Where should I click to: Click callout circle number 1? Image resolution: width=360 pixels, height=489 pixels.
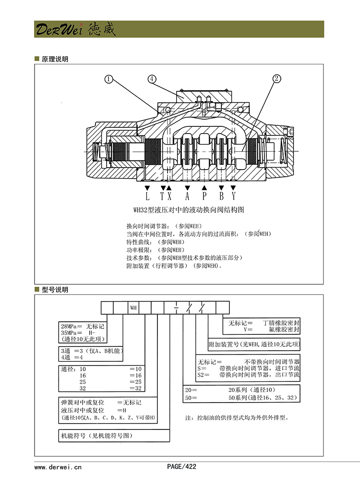pyautogui.click(x=109, y=79)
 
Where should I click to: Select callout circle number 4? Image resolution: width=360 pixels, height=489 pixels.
pyautogui.click(x=152, y=79)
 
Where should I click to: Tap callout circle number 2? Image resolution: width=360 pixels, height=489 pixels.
pyautogui.click(x=277, y=79)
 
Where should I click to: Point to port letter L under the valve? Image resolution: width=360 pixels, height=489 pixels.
pyautogui.click(x=147, y=196)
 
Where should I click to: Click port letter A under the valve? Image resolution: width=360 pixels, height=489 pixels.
pyautogui.click(x=187, y=196)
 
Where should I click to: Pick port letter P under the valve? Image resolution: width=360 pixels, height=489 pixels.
pyautogui.click(x=204, y=196)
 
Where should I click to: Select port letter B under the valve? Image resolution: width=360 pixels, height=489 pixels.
pyautogui.click(x=222, y=196)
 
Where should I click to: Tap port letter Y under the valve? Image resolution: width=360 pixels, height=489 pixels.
pyautogui.click(x=234, y=196)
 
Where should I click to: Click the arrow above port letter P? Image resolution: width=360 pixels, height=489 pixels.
pyautogui.click(x=204, y=187)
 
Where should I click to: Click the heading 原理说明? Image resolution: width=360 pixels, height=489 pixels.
pyautogui.click(x=55, y=60)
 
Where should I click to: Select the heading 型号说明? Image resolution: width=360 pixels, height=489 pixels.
pyautogui.click(x=55, y=290)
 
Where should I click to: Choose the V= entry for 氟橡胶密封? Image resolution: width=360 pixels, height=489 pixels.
pyautogui.click(x=248, y=330)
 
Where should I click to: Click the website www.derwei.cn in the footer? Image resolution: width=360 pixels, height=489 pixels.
pyautogui.click(x=58, y=466)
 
